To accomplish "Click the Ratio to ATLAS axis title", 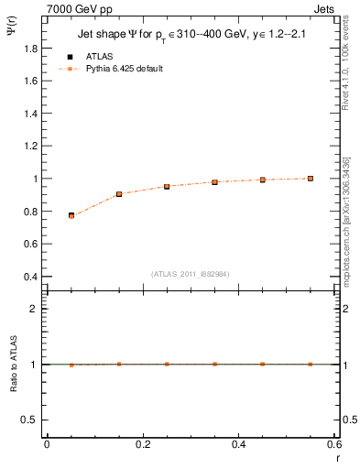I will tap(15, 365).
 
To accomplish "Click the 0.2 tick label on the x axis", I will tap(143, 444).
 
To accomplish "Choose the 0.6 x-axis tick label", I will tap(334, 444).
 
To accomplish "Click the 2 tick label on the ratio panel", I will tap(33, 309).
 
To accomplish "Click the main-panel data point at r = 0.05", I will tap(71, 215).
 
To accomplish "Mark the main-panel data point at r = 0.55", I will tap(311, 179).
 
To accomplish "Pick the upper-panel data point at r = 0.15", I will tap(119, 194).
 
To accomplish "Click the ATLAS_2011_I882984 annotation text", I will tap(191, 272).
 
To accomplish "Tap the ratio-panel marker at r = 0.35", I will tap(214, 364).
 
